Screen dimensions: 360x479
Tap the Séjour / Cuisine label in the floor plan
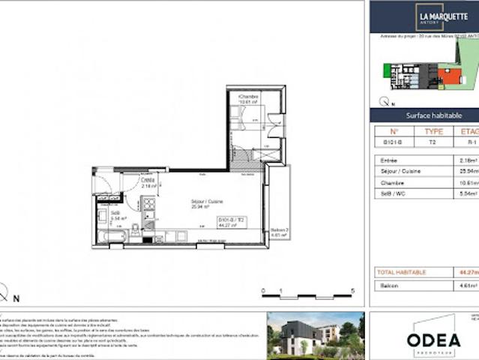[x=198, y=202]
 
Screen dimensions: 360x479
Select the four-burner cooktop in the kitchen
[x=148, y=204]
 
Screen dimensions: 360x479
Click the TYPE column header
[x=433, y=130]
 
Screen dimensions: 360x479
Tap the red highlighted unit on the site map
[x=450, y=76]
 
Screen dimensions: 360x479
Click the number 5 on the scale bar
[x=352, y=291]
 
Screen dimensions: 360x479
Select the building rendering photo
[x=314, y=334]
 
